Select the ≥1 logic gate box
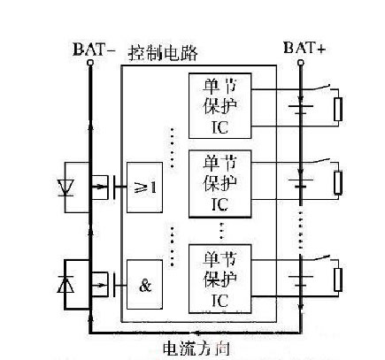point(145,187)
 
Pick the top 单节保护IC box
point(220,106)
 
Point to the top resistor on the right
point(337,111)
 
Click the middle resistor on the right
point(337,182)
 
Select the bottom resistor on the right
point(337,280)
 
